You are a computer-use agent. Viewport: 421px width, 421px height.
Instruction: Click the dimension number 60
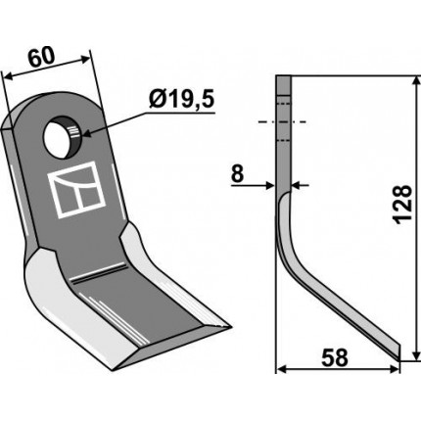point(41,58)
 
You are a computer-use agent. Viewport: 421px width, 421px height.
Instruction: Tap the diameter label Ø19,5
point(181,100)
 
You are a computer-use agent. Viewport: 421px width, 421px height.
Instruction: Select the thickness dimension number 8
point(237,174)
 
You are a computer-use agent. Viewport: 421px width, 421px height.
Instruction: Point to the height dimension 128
point(402,205)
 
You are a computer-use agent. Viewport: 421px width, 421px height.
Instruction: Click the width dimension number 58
point(335,357)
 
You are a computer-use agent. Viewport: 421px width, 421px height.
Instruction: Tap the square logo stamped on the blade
point(76,190)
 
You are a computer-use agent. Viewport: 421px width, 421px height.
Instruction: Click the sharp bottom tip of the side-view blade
point(398,360)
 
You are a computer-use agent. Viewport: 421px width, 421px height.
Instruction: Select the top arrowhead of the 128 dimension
point(416,82)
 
